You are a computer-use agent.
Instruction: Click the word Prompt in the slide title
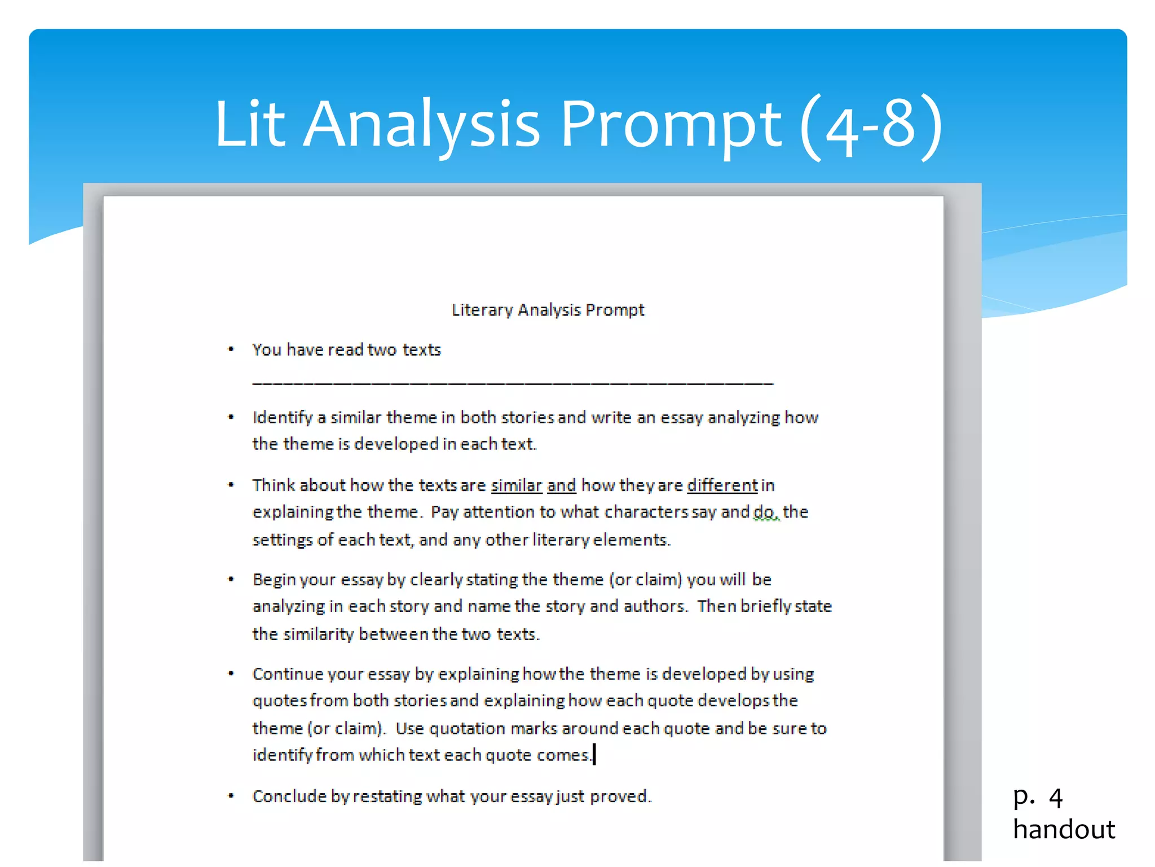[671, 124]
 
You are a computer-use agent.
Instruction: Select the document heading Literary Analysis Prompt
[548, 310]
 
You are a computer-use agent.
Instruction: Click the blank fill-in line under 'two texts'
[512, 382]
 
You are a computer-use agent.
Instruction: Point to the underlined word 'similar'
[516, 485]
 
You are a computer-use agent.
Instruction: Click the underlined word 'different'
[722, 485]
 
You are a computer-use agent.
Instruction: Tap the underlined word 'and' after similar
[561, 485]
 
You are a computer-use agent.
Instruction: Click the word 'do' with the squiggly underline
[765, 512]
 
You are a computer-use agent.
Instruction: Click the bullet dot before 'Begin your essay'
[231, 579]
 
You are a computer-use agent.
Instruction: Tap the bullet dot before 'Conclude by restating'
[231, 796]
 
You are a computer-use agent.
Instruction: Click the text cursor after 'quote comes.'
[594, 754]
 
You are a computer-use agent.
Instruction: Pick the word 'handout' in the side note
[1064, 829]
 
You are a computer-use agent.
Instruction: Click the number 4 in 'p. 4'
[1056, 798]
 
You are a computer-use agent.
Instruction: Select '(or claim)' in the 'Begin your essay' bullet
[646, 580]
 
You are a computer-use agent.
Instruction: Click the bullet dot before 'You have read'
[231, 349]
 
